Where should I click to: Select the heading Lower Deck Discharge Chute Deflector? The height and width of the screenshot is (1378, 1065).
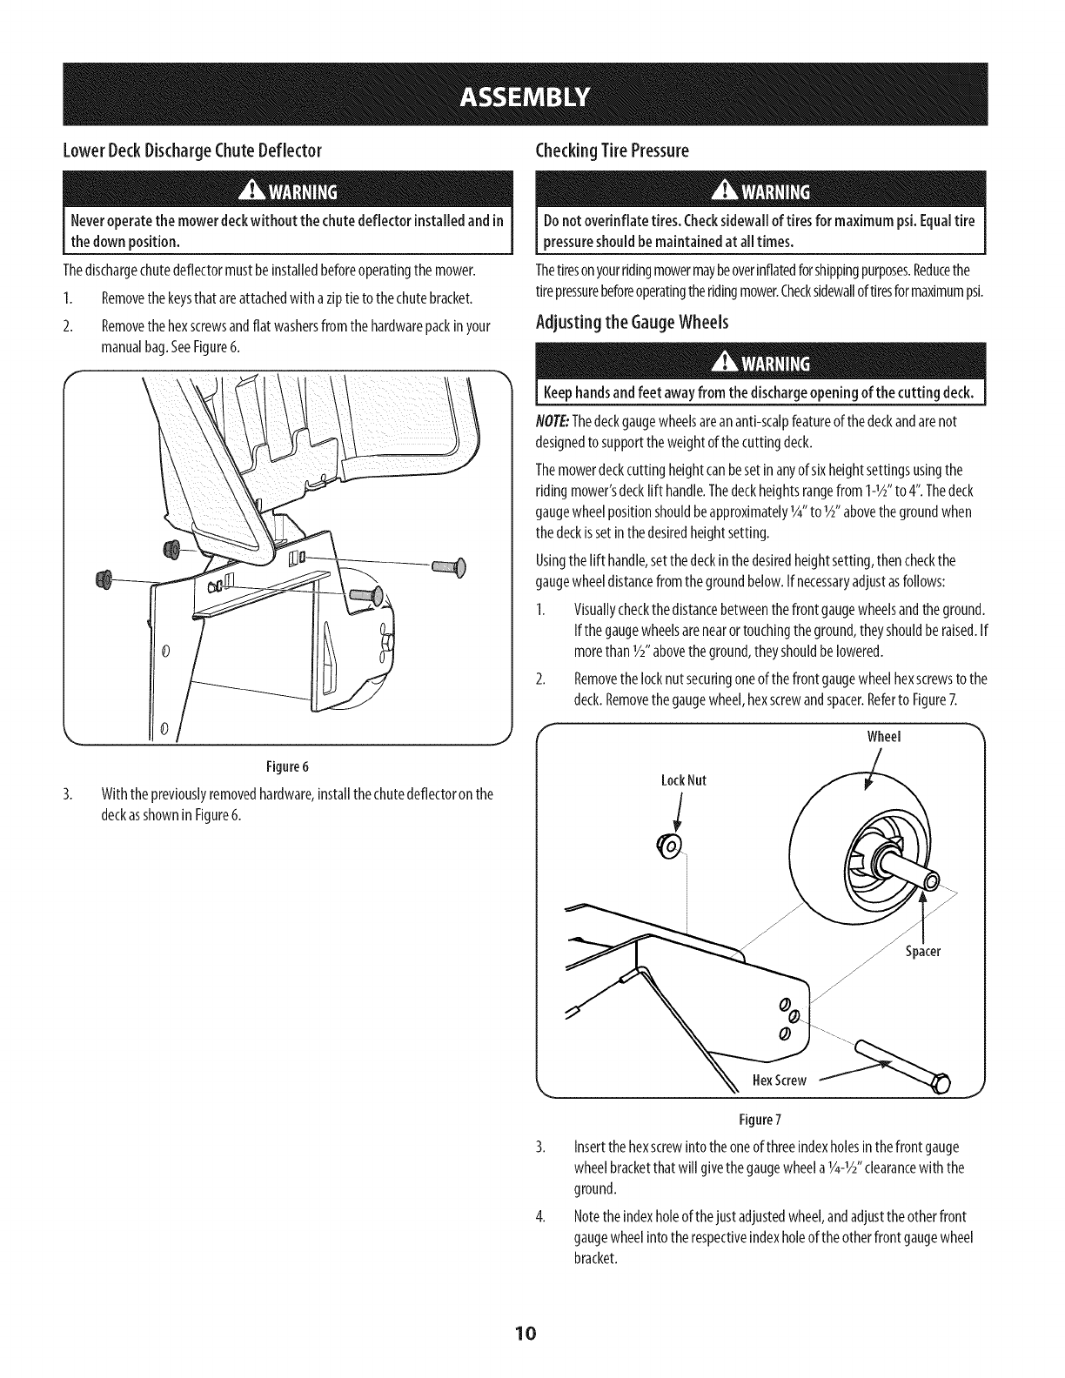(193, 151)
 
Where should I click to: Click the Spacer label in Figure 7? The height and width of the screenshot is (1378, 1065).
(923, 951)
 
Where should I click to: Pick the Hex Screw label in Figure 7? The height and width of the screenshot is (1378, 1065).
(780, 1080)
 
